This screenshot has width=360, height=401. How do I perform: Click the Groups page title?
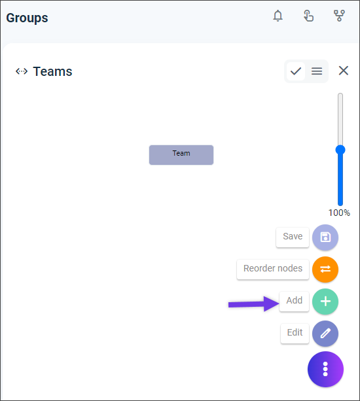point(27,18)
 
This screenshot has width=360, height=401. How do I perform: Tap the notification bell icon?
point(278,16)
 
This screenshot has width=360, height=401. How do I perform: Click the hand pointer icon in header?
point(308,16)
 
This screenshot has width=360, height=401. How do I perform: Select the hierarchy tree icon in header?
point(339,16)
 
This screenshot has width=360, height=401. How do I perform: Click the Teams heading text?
point(53,71)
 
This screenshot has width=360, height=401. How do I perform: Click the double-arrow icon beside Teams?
point(22,71)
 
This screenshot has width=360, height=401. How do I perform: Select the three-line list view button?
point(317,71)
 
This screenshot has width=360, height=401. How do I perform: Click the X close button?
point(344,71)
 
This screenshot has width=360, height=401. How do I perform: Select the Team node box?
point(181,155)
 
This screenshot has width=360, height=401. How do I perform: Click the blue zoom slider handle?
point(340,150)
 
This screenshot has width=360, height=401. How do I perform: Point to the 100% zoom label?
point(339,213)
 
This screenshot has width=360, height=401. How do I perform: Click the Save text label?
point(293,236)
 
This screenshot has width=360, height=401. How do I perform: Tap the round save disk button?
point(325,237)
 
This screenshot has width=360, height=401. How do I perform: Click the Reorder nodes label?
point(273,268)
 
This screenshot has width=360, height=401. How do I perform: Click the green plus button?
point(325,302)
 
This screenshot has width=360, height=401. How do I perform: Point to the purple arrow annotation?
point(253,304)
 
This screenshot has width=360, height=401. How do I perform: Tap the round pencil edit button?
point(325,334)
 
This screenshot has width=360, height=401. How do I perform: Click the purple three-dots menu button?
point(325,370)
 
